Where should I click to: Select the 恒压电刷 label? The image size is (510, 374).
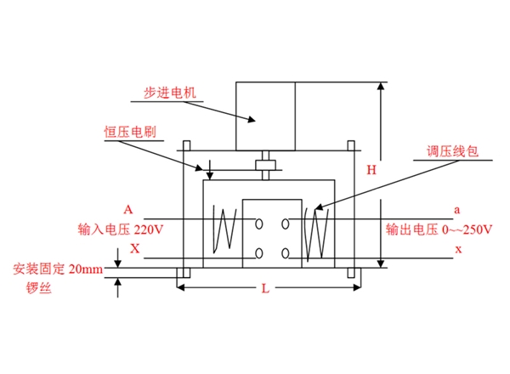point(127,133)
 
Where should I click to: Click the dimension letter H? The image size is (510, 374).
point(371,170)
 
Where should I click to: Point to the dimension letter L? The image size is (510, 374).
point(265,289)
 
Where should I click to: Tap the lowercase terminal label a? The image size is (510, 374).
point(457,209)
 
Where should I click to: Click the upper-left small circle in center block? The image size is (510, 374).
point(257,224)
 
